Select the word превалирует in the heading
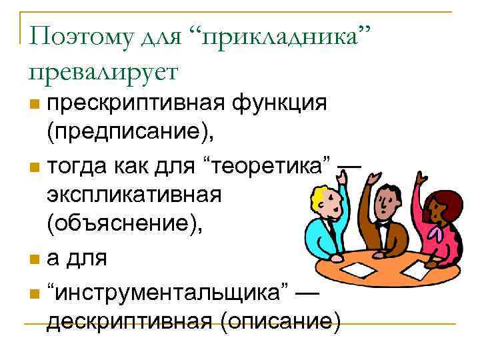pos(101,70)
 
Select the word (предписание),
pos(131,133)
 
